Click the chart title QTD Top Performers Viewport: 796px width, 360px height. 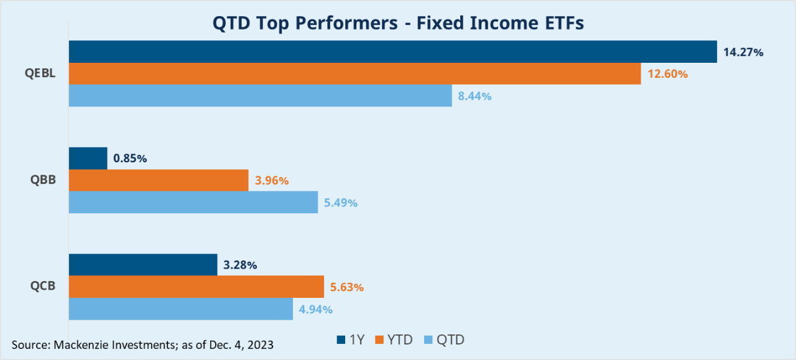[398, 23]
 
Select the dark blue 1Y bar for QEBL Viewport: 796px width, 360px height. [392, 52]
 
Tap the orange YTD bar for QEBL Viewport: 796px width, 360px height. [354, 74]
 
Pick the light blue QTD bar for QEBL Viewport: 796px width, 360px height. [260, 96]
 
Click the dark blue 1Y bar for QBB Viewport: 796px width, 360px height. [88, 159]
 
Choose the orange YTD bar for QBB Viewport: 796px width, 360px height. [158, 181]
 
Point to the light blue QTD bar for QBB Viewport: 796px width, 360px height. [193, 203]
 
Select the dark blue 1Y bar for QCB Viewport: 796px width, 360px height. [142, 265]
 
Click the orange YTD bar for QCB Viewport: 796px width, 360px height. [196, 287]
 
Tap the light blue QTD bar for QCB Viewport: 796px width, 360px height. [180, 309]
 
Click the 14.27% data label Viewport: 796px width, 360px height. [743, 52]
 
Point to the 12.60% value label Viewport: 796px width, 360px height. [667, 74]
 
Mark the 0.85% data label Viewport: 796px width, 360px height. [130, 159]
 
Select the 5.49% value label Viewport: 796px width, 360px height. [340, 203]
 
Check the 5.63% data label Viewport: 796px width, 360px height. [346, 287]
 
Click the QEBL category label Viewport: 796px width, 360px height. [41, 74]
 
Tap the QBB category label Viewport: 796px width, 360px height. [44, 181]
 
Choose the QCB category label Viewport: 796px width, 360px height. [44, 287]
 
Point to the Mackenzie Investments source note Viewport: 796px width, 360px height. [142, 344]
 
